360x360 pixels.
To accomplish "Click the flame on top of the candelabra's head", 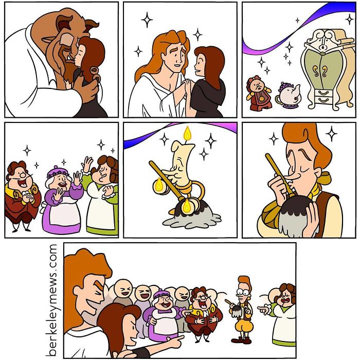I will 187,135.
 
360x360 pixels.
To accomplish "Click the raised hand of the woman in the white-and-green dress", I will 87,166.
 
